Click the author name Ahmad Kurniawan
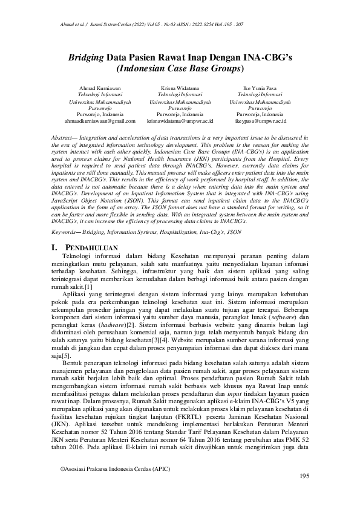coord(100,89)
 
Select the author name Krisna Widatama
coord(180,89)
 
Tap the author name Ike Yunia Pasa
coord(260,89)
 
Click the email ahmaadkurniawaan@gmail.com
coord(100,121)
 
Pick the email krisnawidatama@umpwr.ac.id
coord(180,121)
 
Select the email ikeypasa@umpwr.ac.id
coord(260,121)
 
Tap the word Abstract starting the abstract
coord(64,138)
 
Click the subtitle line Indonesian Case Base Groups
coord(180,70)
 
